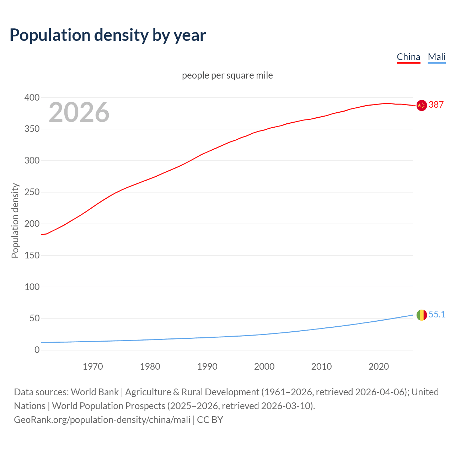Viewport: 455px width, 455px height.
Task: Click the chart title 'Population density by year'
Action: pos(108,35)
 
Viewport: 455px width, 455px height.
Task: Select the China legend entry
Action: pos(408,57)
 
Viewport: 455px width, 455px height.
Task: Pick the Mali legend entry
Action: pos(437,57)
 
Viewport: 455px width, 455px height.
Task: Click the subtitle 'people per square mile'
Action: pos(227,75)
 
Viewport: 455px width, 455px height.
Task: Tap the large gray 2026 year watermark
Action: pos(79,112)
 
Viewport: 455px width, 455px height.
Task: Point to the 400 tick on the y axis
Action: pos(32,97)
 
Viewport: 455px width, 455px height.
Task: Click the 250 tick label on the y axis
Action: pos(32,192)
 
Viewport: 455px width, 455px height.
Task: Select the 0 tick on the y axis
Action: pos(37,350)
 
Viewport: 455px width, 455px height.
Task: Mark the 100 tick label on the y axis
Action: pos(32,287)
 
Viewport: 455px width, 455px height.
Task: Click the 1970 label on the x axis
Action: pos(93,366)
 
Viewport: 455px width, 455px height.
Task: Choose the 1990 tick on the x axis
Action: pos(207,366)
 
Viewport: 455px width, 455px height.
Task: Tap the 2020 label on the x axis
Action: pos(379,366)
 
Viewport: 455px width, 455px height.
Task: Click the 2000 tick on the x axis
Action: pos(264,366)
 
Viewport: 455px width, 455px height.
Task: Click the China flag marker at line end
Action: pos(422,105)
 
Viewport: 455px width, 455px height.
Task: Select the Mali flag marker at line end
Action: pos(422,315)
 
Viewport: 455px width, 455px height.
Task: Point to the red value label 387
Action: pos(436,105)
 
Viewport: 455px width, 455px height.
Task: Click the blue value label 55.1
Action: pos(437,315)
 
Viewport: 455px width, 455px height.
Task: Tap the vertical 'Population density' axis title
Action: pos(15,220)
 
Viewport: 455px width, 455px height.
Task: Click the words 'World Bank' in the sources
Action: pos(95,392)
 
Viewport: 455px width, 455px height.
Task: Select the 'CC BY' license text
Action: pos(210,420)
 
